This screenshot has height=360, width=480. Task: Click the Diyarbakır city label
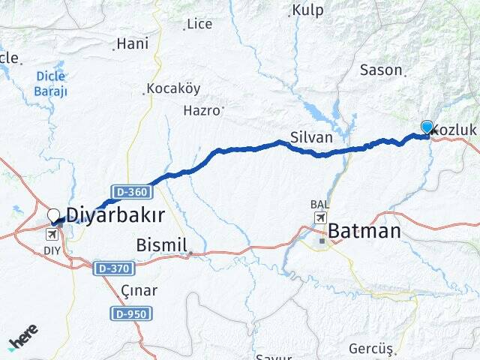[x=115, y=215]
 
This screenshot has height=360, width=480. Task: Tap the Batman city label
[x=363, y=231]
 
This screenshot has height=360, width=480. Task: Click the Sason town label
[x=382, y=70]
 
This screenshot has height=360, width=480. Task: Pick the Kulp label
[x=307, y=10]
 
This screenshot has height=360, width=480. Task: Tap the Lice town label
[x=199, y=24]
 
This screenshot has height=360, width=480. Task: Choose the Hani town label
[x=133, y=44]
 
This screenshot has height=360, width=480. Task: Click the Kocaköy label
[x=173, y=88]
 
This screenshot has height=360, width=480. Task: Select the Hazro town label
[x=202, y=110]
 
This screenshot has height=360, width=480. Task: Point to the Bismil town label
[x=161, y=245]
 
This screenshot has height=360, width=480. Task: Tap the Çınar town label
[x=139, y=290]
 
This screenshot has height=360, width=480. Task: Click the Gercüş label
[x=370, y=349]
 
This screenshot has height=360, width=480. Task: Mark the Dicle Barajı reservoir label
[x=50, y=83]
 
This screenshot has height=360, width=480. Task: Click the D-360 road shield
[x=133, y=192]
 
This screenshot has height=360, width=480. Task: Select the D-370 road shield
[x=114, y=268]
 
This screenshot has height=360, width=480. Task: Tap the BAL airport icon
[x=320, y=217]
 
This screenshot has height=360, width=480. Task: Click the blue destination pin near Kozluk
[x=427, y=127]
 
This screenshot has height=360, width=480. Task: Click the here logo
[x=23, y=339]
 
